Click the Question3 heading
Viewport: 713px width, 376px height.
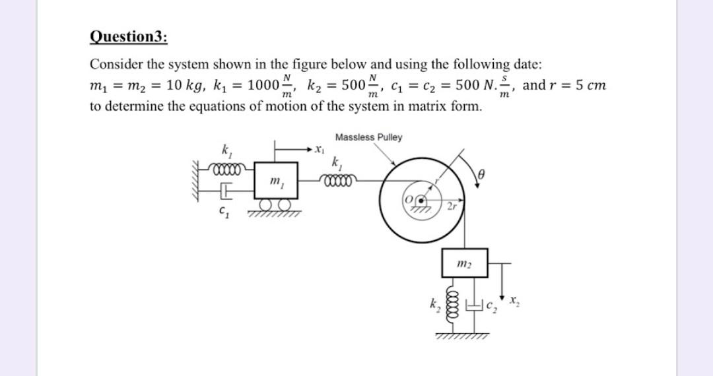[x=128, y=36]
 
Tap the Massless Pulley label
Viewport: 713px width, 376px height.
[x=368, y=137]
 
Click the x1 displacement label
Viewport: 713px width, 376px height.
[x=320, y=151]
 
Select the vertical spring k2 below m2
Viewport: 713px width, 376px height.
[x=454, y=303]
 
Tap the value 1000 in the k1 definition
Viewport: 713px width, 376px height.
[x=267, y=86]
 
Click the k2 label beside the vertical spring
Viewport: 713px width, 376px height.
[x=436, y=305]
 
